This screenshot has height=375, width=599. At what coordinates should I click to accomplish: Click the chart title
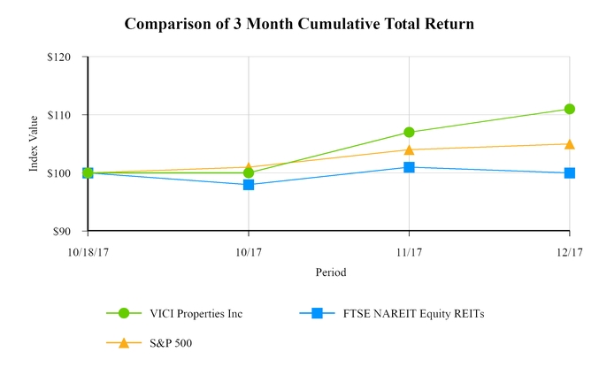point(299,24)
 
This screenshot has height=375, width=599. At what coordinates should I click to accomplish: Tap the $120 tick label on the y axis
point(67,57)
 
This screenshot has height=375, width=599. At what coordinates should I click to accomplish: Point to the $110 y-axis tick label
point(67,115)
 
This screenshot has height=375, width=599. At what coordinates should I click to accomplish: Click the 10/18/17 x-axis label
point(88,251)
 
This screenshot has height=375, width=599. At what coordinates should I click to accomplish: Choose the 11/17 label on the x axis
point(409,251)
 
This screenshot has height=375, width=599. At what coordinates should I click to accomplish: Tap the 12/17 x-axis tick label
point(569,251)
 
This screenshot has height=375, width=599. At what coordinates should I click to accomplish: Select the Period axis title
point(330,272)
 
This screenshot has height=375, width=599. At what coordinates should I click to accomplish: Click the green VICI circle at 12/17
point(570,109)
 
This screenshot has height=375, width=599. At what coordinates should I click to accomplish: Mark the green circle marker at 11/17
point(409,133)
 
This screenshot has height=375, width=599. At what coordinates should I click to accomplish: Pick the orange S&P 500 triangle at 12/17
point(570,143)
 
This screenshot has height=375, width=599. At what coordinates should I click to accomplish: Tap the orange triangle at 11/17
point(409,149)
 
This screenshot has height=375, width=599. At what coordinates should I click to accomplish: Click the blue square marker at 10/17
point(249,185)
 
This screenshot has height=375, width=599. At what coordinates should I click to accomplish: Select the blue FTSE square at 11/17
point(409,167)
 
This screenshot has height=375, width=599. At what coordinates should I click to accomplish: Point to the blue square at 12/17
point(570,173)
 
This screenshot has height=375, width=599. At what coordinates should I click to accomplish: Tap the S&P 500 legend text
point(167,342)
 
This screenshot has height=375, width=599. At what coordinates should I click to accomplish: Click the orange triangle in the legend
point(124,342)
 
